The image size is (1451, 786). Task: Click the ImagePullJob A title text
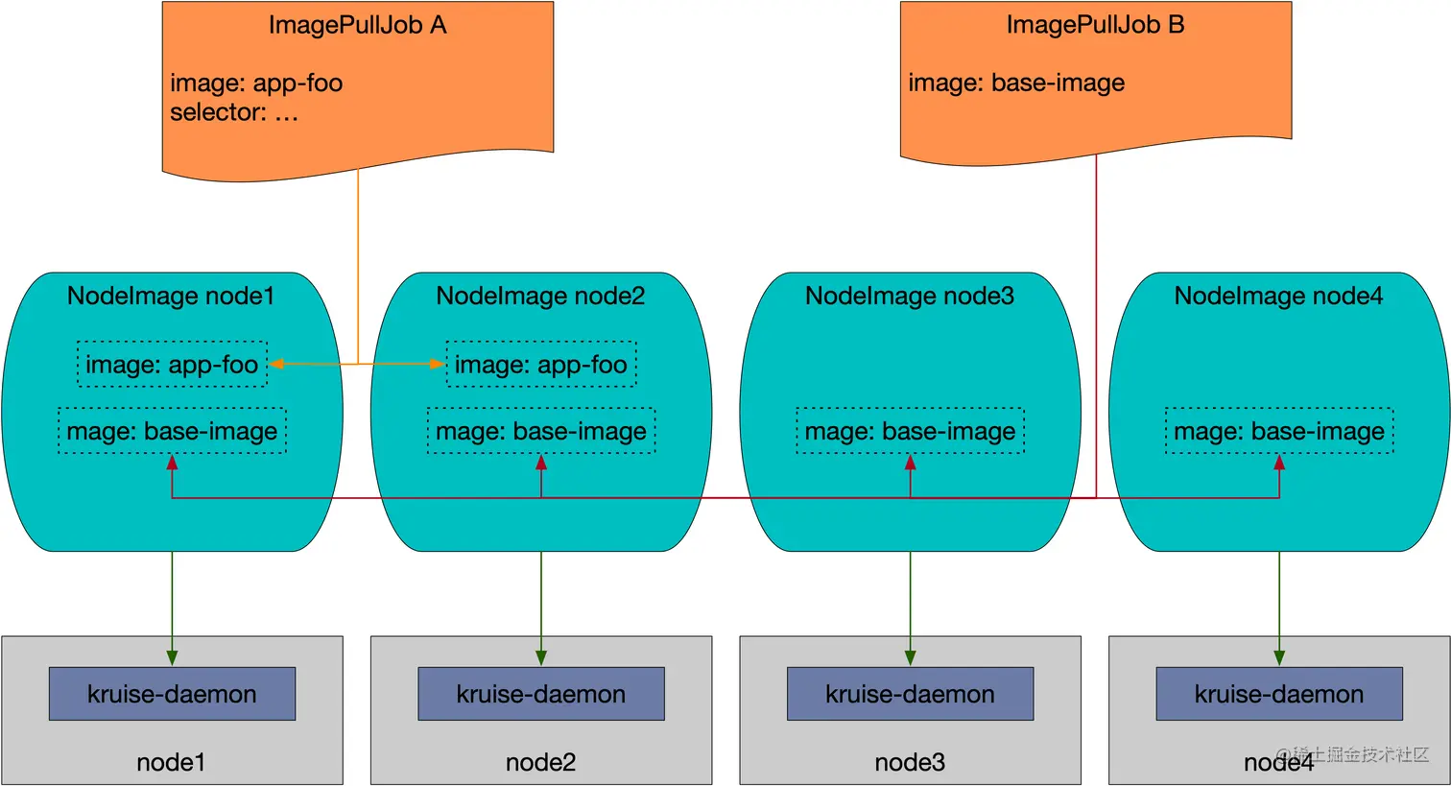(x=357, y=25)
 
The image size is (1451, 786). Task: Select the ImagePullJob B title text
(x=1095, y=25)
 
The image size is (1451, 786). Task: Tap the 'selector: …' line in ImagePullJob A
(x=234, y=112)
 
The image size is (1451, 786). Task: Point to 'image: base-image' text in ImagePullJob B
(x=1016, y=83)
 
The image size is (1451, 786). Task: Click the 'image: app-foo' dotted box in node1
(x=172, y=365)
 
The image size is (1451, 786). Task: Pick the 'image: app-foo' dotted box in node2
(x=541, y=365)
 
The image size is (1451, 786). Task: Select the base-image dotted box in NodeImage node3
(x=910, y=431)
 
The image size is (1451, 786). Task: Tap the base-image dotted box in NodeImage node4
(x=1279, y=431)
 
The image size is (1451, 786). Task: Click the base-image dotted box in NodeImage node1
(x=172, y=431)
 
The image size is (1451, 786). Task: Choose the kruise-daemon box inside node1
(x=172, y=694)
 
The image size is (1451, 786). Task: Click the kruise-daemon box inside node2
(x=541, y=694)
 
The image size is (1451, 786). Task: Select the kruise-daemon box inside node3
(x=910, y=694)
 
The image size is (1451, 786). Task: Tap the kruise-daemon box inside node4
(x=1279, y=694)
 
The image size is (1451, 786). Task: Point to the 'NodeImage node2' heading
(x=541, y=296)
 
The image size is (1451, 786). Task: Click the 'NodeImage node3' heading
(x=910, y=296)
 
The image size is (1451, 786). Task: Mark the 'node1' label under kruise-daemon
(x=172, y=762)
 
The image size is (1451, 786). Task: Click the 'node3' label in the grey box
(x=910, y=762)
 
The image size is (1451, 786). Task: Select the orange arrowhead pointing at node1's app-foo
(x=275, y=364)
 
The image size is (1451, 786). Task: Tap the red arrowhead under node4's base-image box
(x=1279, y=463)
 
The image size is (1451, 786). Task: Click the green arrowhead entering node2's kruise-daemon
(x=541, y=658)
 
